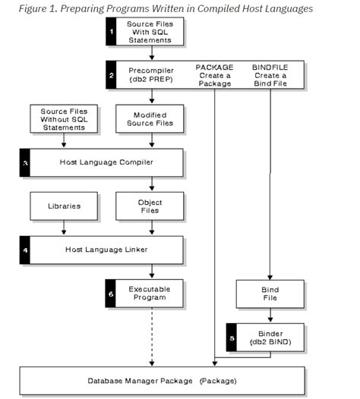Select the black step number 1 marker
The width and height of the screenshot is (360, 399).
(111, 32)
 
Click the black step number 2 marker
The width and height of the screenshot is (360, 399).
(111, 76)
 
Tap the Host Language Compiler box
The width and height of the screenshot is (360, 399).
(106, 162)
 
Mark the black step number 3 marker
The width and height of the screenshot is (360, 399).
(24, 162)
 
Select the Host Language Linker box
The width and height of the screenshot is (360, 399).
(106, 250)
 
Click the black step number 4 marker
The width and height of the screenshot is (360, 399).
(24, 250)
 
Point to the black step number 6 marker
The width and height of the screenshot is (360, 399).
(111, 294)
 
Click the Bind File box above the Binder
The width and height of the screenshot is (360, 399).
(270, 294)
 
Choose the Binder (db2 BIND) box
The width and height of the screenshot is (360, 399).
(270, 337)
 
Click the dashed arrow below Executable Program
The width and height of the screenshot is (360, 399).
(153, 338)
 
